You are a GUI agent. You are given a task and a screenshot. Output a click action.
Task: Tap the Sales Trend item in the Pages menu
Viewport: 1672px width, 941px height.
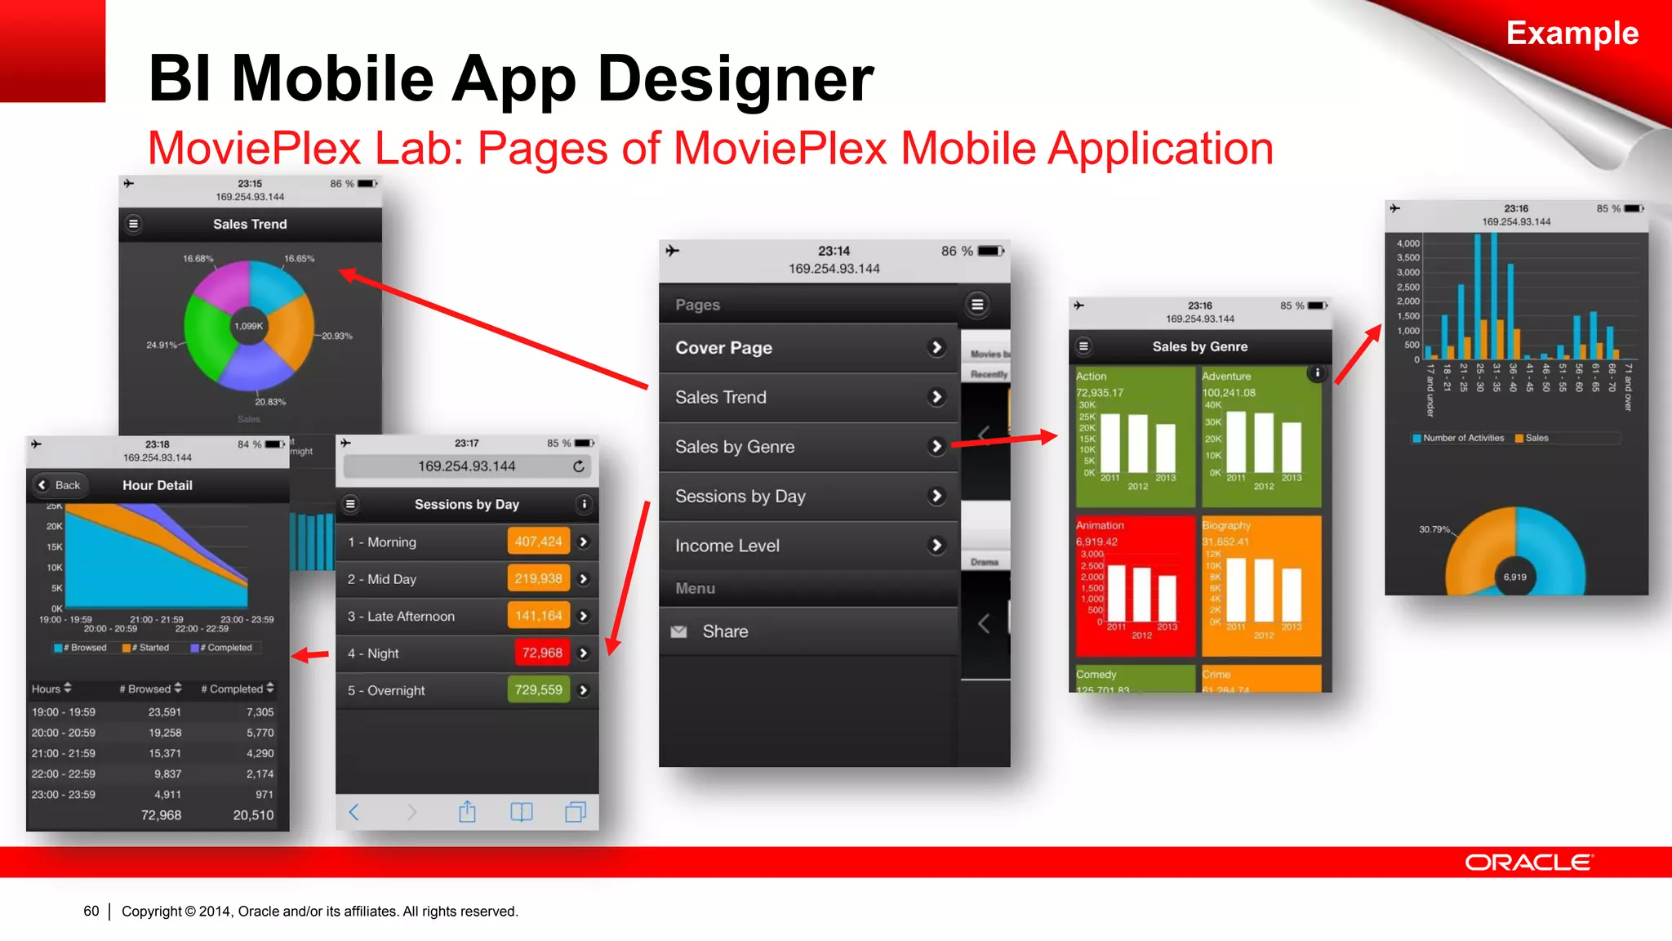(722, 398)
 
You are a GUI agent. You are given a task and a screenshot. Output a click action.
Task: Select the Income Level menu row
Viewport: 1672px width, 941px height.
(727, 546)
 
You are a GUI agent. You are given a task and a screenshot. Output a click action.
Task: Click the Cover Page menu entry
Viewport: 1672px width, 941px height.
(723, 348)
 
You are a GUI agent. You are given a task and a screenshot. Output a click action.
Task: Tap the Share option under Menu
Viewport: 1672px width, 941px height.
(725, 631)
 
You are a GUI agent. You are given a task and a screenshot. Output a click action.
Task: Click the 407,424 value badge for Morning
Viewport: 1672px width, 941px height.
(538, 542)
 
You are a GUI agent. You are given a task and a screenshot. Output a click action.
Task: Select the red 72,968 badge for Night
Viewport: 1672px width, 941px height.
(541, 653)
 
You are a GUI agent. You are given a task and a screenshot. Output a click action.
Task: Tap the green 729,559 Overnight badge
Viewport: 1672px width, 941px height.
(538, 690)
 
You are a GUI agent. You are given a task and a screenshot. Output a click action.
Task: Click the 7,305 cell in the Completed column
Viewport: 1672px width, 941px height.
(260, 712)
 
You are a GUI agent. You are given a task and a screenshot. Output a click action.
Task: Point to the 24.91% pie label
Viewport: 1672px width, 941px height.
(162, 345)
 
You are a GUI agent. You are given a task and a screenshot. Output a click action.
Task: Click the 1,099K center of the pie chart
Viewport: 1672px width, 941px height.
(248, 326)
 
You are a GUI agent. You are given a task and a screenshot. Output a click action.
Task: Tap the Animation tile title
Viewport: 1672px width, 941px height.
(1100, 525)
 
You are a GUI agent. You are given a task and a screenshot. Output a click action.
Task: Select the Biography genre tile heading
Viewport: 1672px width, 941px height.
(1225, 525)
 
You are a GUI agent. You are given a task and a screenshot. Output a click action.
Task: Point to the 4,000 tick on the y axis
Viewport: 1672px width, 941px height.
(1408, 243)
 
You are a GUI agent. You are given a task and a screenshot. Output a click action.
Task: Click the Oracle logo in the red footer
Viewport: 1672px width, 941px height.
(1528, 863)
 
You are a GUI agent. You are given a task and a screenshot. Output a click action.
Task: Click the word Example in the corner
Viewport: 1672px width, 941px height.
(1572, 33)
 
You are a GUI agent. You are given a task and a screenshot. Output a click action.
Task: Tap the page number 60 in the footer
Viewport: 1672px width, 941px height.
(91, 911)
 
